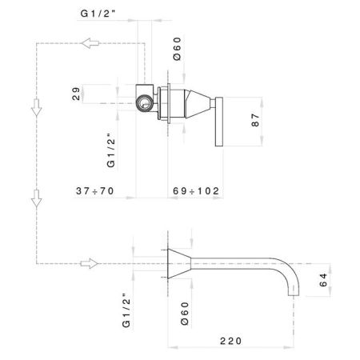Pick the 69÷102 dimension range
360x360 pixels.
coord(197,191)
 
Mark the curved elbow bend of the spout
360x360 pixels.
coord(290,270)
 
